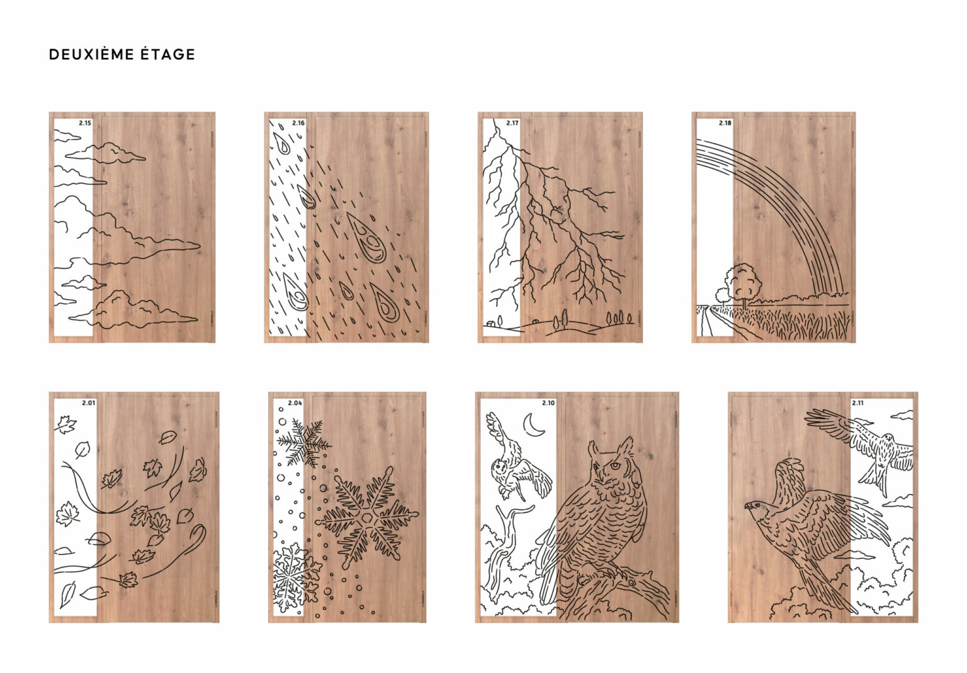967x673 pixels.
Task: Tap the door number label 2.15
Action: (x=85, y=123)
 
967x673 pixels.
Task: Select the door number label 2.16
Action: (x=298, y=123)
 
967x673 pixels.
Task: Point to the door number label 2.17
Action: (x=512, y=123)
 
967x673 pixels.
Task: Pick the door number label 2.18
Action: (x=725, y=123)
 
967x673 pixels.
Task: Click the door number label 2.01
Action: (x=89, y=403)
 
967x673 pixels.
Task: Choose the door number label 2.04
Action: (x=295, y=403)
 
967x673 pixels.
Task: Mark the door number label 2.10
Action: (x=549, y=403)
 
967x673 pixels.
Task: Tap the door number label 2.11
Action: (x=857, y=403)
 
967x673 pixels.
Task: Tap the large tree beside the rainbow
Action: (x=744, y=283)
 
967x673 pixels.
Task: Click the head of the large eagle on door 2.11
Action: (x=756, y=506)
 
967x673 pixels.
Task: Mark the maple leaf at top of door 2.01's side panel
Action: (x=65, y=424)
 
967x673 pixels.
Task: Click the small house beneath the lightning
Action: (x=490, y=323)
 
